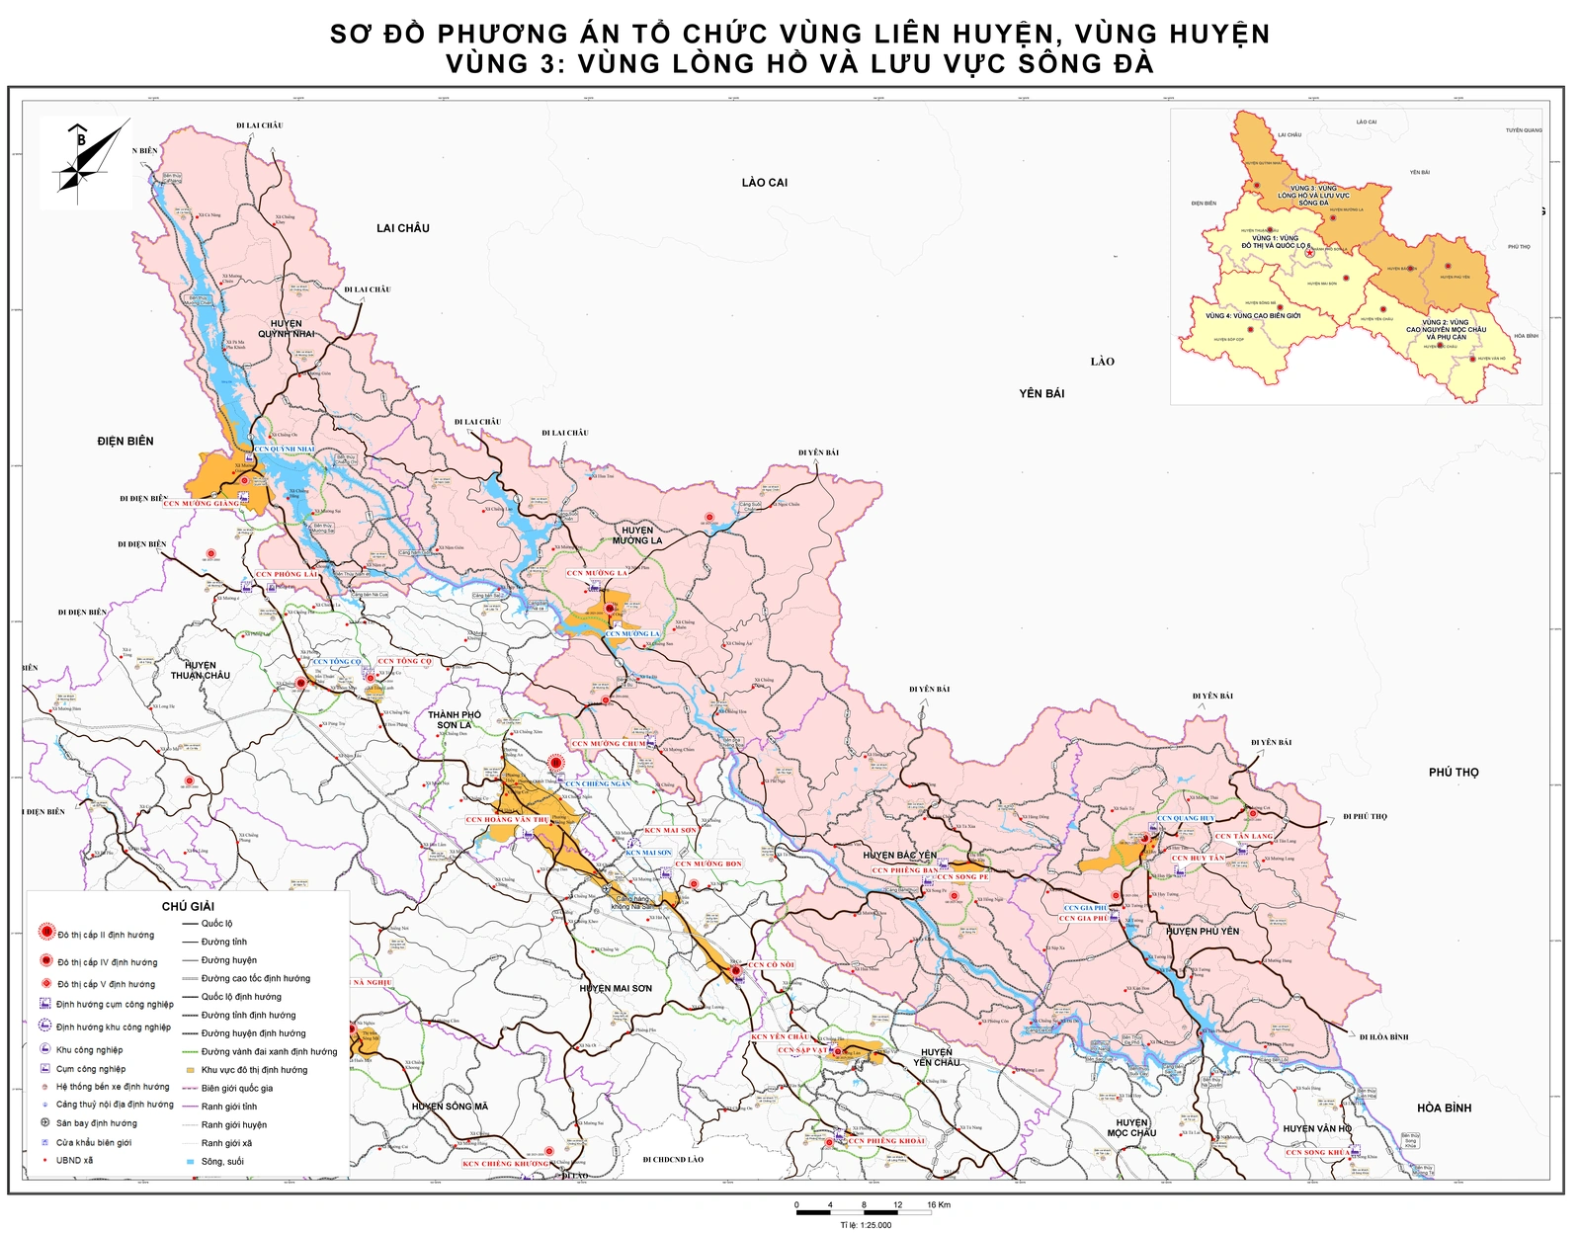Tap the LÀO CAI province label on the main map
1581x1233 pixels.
[x=765, y=183]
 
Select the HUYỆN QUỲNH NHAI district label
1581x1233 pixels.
[x=287, y=329]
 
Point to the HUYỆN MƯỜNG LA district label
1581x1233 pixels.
[x=637, y=535]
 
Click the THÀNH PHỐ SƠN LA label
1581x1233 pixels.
[x=455, y=719]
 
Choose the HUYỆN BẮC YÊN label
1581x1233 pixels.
[x=899, y=856]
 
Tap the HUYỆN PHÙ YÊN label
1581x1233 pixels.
[x=1203, y=931]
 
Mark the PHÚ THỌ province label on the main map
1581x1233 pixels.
[x=1454, y=773]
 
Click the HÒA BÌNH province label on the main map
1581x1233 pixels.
[x=1444, y=1108]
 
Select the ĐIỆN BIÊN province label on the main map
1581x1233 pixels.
[x=125, y=441]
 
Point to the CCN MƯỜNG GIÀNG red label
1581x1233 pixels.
[x=202, y=504]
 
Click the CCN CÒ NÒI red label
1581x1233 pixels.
[x=771, y=965]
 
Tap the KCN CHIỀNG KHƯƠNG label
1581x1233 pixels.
[x=506, y=1164]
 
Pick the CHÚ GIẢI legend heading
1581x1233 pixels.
[x=188, y=906]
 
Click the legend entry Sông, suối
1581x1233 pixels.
[x=222, y=1162]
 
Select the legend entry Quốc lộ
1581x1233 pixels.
[x=216, y=924]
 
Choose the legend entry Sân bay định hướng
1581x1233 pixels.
[x=96, y=1123]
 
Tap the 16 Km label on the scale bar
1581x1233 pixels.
[x=939, y=1205]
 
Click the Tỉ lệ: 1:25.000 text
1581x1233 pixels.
[x=866, y=1225]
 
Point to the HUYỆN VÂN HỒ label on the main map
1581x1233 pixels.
[x=1317, y=1128]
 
